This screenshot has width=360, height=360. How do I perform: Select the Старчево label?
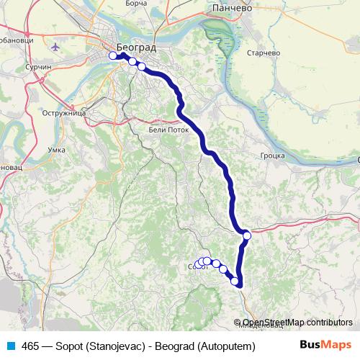[262, 53]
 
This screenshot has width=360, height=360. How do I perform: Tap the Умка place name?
[55, 149]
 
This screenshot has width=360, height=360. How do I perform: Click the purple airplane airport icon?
[57, 47]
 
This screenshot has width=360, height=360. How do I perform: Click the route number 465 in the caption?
[31, 346]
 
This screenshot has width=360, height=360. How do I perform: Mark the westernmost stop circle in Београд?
[113, 55]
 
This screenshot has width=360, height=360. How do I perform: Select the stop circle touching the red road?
[247, 235]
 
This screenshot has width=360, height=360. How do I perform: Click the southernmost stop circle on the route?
[235, 281]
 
